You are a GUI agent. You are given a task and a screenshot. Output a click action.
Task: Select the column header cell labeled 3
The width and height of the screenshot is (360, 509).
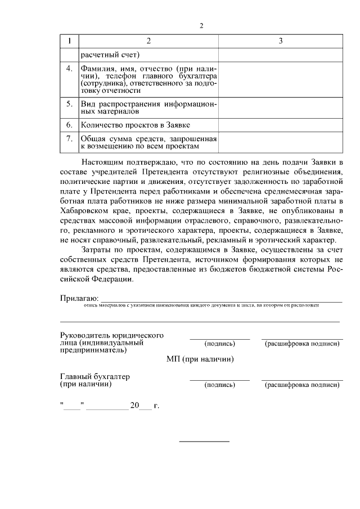[280, 41]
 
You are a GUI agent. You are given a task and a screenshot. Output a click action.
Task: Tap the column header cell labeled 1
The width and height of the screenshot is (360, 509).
[69, 41]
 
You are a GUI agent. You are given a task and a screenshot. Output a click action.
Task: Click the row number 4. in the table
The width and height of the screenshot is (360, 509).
[69, 69]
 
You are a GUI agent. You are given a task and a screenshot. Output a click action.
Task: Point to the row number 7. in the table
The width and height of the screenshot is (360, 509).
[69, 138]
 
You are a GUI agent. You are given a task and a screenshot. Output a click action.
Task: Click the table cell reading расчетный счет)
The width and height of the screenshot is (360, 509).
[110, 55]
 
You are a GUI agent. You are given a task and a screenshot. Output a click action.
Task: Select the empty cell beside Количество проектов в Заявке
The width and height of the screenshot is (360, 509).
[280, 124]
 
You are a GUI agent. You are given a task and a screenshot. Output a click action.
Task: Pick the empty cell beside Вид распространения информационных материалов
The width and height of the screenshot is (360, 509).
[280, 107]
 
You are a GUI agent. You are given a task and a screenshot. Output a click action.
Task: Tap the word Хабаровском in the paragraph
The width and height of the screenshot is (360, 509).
[83, 210]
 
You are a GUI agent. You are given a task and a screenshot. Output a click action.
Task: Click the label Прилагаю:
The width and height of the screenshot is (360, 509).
[79, 297]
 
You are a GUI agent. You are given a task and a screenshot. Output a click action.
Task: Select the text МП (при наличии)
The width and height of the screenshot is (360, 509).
[200, 359]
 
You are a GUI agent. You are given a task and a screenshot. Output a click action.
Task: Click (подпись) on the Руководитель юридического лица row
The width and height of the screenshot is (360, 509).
[220, 344]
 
